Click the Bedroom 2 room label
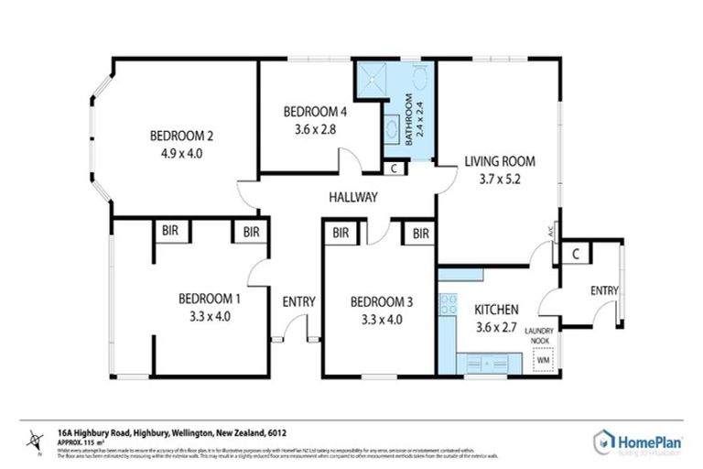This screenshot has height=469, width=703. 181,136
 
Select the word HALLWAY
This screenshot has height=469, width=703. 353,197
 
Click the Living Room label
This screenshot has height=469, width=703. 499,161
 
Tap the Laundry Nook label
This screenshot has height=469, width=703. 545,336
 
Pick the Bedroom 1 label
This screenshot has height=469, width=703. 210,298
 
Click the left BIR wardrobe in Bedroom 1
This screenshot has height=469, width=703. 170,233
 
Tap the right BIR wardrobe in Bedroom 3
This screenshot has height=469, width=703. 420,234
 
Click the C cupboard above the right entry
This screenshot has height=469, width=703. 577,253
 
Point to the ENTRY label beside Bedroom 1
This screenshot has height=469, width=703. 298,301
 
